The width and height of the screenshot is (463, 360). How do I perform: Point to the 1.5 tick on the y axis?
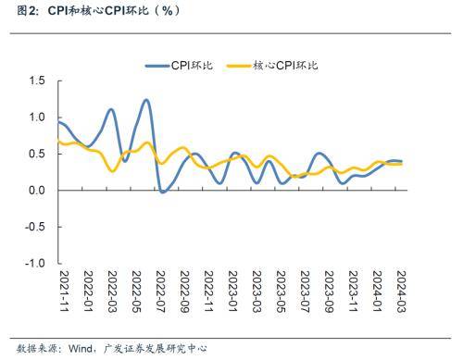36,81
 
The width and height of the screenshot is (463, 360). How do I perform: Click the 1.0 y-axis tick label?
36,118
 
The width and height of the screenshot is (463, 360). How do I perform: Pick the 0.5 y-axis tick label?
36,154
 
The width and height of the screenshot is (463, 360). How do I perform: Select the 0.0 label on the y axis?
36,191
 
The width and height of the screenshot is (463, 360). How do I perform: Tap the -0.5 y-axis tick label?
34,227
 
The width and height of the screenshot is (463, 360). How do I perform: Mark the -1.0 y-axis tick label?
34,263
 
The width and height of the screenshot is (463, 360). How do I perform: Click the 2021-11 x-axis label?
64,291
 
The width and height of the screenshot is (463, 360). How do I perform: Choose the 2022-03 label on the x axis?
112,291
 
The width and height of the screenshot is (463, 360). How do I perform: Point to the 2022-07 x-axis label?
160,291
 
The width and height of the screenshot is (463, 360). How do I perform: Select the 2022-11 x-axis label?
208,291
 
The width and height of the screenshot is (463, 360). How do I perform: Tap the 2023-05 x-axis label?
281,291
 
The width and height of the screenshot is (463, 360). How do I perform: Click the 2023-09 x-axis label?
329,291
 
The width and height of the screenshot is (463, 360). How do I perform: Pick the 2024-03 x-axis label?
401,291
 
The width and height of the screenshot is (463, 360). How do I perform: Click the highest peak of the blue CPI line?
147,100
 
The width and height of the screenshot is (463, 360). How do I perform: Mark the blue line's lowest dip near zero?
162,192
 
